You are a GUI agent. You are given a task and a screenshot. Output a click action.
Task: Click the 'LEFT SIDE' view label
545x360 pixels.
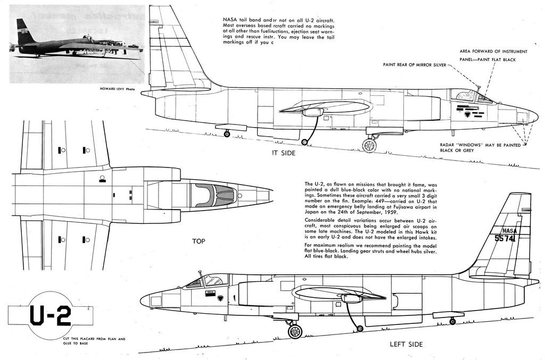point(406,344)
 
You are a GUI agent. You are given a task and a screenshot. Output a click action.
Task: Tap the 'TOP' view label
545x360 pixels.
point(199,241)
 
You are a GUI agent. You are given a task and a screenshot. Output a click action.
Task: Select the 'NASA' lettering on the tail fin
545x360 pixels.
point(509,231)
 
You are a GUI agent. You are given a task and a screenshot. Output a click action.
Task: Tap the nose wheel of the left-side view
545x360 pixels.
point(294,331)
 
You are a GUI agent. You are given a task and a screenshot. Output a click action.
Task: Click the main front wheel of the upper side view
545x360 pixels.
point(369,145)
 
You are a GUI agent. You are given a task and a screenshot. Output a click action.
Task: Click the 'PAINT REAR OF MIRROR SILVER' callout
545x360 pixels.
point(415,65)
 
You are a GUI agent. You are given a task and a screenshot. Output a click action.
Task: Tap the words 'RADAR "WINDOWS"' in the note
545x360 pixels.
point(461,145)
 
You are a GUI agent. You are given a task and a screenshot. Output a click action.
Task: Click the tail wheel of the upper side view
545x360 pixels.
point(227,134)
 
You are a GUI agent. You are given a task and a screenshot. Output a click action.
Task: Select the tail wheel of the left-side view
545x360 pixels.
point(452,321)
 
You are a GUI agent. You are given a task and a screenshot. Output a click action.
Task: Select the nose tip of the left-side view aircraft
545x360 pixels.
point(142,301)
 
